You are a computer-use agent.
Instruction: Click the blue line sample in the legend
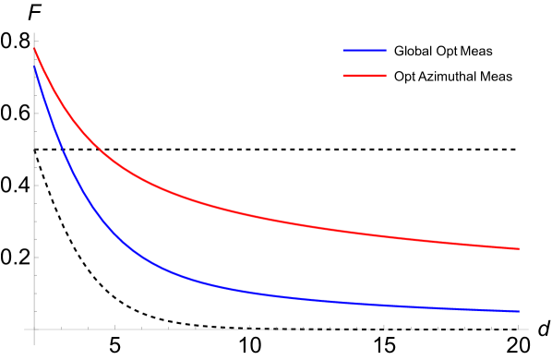coord(365,50)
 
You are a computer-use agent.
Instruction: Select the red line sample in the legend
coord(365,75)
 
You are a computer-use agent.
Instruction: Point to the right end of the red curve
coord(519,248)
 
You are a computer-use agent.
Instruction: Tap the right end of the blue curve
coord(519,311)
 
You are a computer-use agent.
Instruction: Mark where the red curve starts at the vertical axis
coord(35,50)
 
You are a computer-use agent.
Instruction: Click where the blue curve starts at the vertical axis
coord(35,67)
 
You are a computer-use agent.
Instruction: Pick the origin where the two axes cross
coord(35,329)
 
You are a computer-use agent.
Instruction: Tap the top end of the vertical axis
coord(35,33)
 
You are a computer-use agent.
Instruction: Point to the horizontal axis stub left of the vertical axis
coord(29,329)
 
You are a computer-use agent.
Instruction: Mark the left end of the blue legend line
coord(344,50)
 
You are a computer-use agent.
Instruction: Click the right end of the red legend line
coord(386,75)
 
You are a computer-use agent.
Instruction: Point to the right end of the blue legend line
coord(386,50)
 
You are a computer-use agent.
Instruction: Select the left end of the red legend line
coord(344,75)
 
